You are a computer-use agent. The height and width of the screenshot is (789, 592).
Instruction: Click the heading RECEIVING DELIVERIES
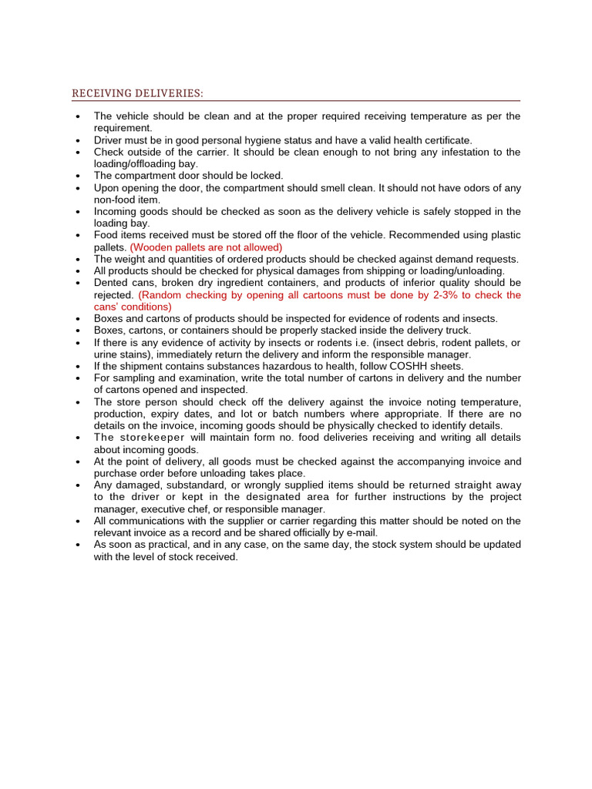[137, 93]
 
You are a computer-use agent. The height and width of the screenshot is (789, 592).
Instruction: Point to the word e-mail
[361, 532]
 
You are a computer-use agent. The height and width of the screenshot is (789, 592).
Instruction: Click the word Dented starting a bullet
[112, 283]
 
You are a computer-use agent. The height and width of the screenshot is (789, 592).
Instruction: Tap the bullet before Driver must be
[79, 141]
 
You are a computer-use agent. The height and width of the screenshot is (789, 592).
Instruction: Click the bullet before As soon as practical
[79, 545]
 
